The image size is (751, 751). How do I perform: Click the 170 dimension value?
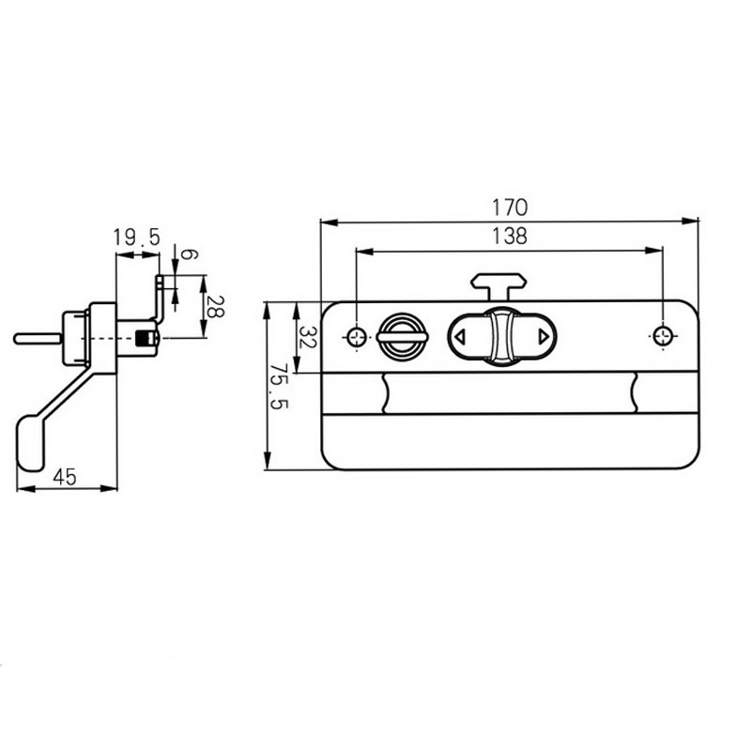509,207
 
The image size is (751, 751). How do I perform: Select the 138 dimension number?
509,237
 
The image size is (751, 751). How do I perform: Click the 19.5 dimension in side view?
137,238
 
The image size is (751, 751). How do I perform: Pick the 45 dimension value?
64,477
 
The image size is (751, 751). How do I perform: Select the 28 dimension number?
215,306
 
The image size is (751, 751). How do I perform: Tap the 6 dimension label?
187,254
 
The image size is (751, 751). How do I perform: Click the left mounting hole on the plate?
358,336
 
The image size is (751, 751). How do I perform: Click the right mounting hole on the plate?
663,336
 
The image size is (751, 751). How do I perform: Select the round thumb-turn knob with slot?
402,335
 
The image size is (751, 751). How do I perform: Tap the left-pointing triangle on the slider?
460,336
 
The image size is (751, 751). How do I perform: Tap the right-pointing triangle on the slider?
544,336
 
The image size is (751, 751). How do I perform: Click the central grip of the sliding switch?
502,336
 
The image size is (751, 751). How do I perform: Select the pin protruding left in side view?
36,337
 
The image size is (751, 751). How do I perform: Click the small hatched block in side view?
145,338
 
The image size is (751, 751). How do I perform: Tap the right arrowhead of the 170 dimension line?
694,222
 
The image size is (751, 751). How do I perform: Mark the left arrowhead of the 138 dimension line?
362,252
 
